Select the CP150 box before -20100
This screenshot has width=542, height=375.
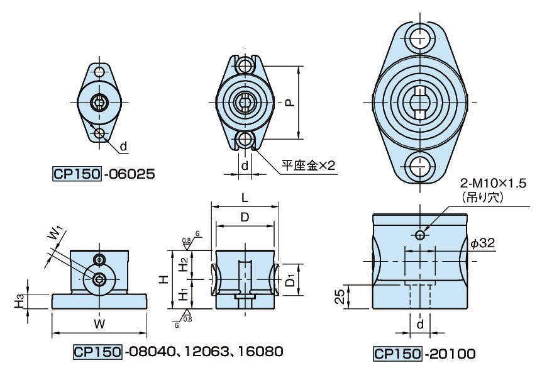[x=397, y=354]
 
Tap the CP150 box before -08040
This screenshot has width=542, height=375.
[x=97, y=351]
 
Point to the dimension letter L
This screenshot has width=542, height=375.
[x=245, y=197]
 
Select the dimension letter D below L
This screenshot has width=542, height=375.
[x=245, y=217]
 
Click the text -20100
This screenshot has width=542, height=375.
[x=448, y=354]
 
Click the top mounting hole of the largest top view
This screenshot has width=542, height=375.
[x=419, y=36]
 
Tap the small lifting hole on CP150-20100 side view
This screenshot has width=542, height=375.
[x=421, y=235]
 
